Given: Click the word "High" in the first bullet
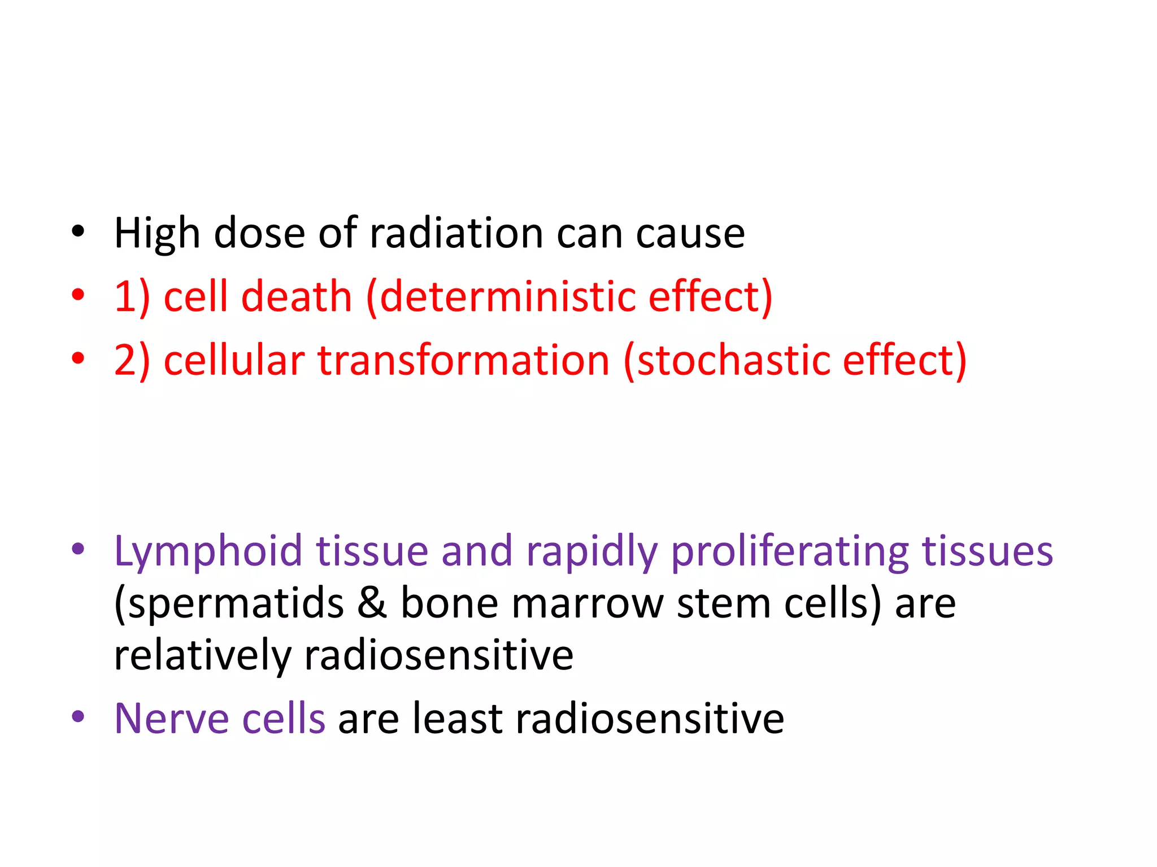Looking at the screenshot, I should pyautogui.click(x=157, y=233).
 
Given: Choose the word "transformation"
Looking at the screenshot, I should pyautogui.click(x=463, y=360).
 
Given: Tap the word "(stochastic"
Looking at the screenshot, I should pyautogui.click(x=727, y=360).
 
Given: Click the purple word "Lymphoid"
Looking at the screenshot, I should pyautogui.click(x=208, y=551).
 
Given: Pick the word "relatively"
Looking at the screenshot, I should pyautogui.click(x=202, y=655).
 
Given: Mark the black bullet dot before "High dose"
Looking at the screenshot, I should pyautogui.click(x=78, y=231).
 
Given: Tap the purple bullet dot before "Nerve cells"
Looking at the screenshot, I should pyautogui.click(x=78, y=717).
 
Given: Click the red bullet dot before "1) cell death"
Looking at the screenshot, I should pyautogui.click(x=78, y=295).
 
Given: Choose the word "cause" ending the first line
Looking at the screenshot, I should pyautogui.click(x=690, y=233).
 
